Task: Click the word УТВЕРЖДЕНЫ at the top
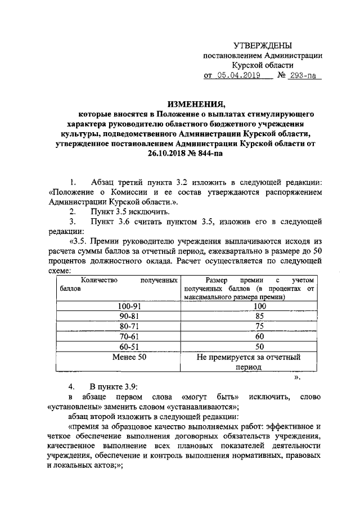(x=263, y=45)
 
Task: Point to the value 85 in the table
(x=259, y=317)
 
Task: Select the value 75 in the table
(x=259, y=327)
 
